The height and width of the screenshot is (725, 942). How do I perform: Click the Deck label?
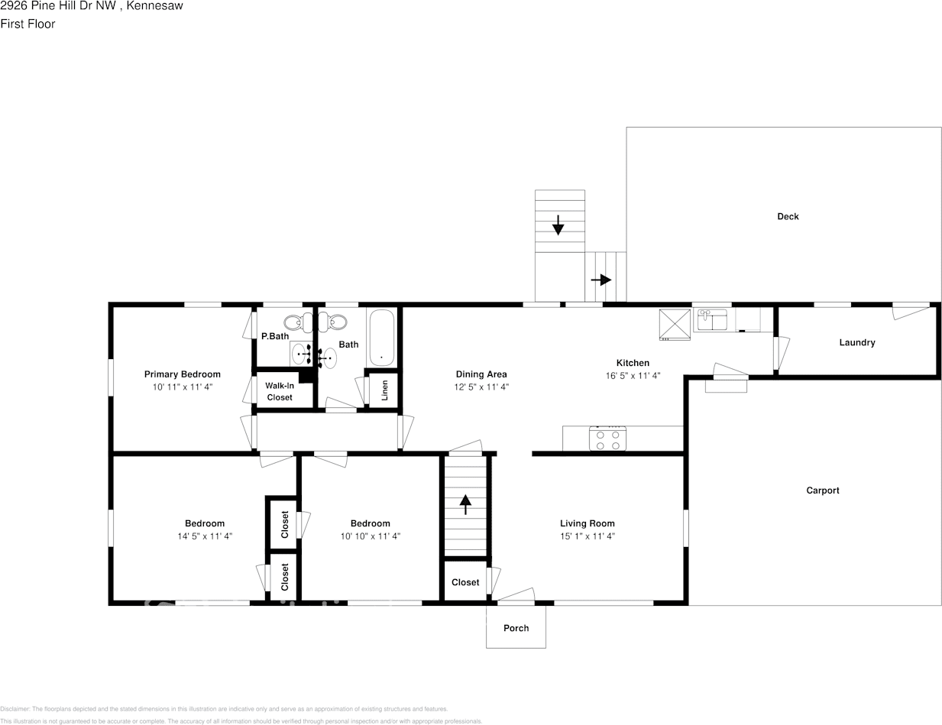click(788, 216)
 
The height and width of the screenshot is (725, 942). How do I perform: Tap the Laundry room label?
click(856, 342)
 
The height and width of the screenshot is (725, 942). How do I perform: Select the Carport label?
click(822, 490)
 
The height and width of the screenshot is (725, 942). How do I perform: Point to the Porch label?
click(516, 628)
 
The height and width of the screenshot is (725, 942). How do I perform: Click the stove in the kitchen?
click(607, 439)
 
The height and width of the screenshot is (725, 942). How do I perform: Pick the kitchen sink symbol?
click(711, 319)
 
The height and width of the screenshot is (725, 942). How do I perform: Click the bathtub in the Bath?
click(380, 337)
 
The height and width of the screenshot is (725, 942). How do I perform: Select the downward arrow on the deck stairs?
click(558, 225)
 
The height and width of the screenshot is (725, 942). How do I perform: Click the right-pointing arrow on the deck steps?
click(602, 280)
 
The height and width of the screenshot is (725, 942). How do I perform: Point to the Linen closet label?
click(385, 390)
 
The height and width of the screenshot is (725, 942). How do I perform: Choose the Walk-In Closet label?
click(280, 391)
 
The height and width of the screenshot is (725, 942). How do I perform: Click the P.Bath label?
click(275, 336)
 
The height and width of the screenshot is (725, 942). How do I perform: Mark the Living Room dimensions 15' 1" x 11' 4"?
click(587, 536)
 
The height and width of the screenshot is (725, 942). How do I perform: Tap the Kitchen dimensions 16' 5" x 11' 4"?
click(633, 376)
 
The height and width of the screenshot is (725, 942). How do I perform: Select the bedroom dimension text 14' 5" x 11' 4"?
click(205, 536)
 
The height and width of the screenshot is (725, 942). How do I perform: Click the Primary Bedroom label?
click(182, 374)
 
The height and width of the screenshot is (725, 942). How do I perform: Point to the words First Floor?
click(28, 24)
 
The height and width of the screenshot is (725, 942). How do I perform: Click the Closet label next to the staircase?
click(465, 582)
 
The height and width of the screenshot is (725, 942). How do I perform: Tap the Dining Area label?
click(481, 374)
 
